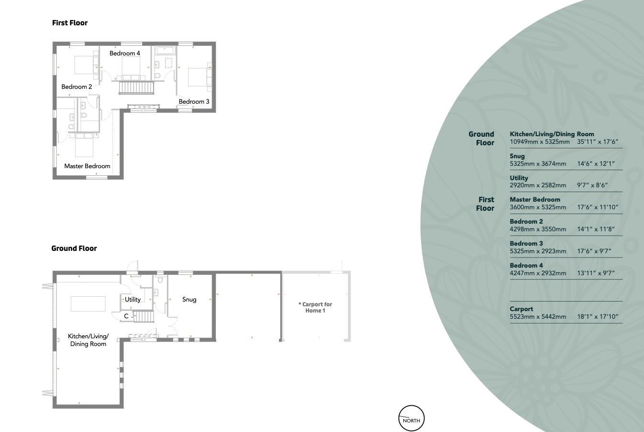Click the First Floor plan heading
click(70, 23)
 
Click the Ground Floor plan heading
click(74, 248)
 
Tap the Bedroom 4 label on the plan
click(125, 54)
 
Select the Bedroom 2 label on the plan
click(77, 87)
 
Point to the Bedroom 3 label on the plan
click(194, 102)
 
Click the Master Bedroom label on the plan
click(88, 166)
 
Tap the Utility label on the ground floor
click(133, 300)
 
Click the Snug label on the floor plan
click(189, 300)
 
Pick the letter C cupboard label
click(126, 316)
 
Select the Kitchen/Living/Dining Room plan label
click(88, 340)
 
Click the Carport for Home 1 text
click(315, 307)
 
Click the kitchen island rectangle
click(88, 304)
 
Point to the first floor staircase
click(136, 88)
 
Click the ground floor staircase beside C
click(144, 317)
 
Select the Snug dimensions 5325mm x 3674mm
click(538, 164)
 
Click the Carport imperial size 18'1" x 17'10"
click(598, 316)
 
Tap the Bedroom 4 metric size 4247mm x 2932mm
click(538, 273)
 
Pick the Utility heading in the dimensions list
click(519, 178)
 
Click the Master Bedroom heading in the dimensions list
click(535, 200)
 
